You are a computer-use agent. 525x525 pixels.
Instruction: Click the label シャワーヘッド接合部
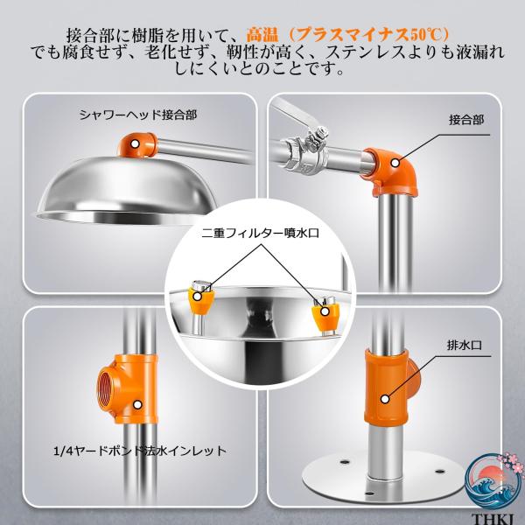tap(138, 115)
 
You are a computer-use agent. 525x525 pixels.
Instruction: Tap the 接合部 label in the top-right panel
tap(466, 120)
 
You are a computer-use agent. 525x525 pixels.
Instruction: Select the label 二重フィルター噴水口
tap(260, 233)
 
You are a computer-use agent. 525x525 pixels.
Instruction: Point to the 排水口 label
tap(465, 346)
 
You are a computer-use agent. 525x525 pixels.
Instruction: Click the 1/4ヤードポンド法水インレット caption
tap(140, 451)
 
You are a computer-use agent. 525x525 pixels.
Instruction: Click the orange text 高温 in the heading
tap(262, 35)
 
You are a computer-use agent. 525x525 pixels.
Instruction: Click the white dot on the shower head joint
tap(135, 144)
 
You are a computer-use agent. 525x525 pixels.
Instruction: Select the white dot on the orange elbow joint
tap(395, 163)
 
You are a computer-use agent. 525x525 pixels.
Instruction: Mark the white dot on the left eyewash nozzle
tap(198, 297)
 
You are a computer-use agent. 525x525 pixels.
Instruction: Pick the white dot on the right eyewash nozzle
tap(325, 311)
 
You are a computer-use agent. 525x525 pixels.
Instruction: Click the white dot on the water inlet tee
tap(137, 405)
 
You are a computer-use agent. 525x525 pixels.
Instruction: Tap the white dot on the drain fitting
tap(385, 399)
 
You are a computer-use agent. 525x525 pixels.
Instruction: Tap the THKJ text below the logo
tap(492, 520)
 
